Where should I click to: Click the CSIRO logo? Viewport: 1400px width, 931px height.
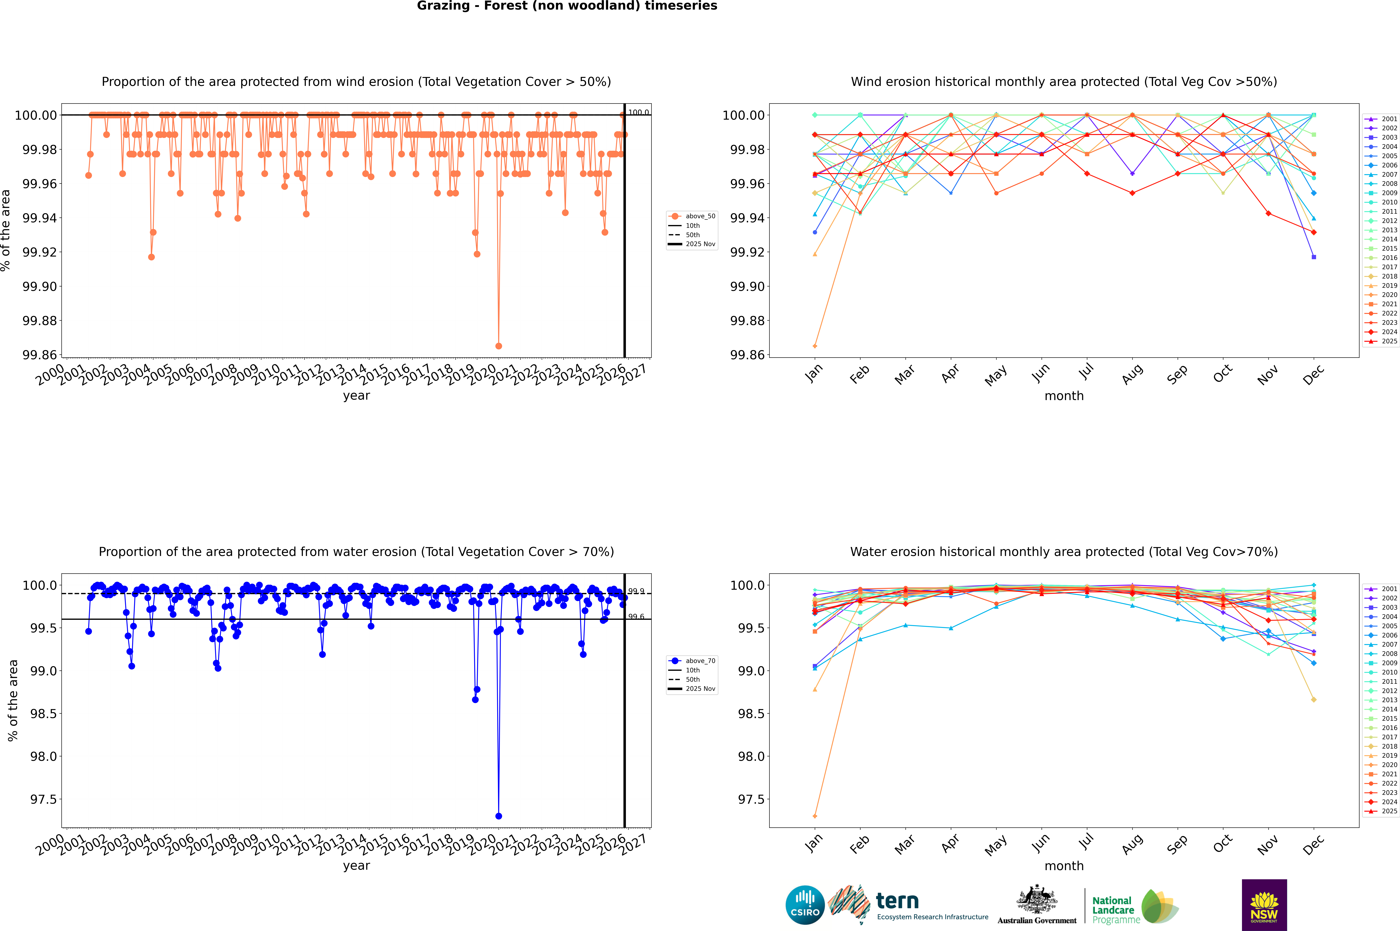click(x=805, y=905)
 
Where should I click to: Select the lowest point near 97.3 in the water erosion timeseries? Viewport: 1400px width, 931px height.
click(x=499, y=816)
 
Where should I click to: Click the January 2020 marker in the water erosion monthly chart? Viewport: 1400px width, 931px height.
click(x=815, y=816)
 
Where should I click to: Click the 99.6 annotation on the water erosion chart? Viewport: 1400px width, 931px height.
click(x=636, y=616)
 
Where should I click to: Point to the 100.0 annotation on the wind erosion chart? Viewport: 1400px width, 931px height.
click(x=639, y=112)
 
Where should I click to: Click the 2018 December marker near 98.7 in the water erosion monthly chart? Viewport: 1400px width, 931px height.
click(x=1313, y=700)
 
